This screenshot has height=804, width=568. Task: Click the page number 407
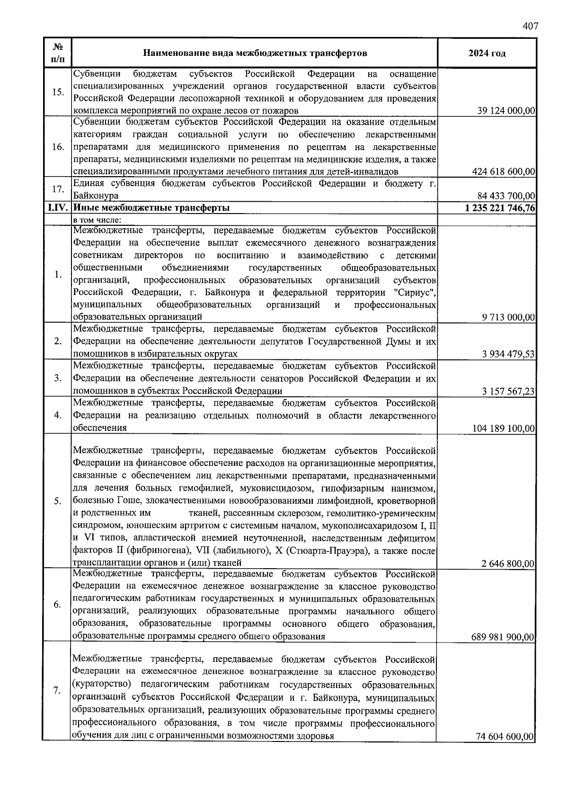point(530,27)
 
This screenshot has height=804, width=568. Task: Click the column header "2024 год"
point(487,53)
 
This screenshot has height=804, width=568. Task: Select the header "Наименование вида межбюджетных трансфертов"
point(255,53)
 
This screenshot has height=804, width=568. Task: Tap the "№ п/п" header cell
point(58,53)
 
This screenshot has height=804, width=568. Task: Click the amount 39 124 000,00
point(506,111)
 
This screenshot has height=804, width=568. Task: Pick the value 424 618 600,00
point(504,171)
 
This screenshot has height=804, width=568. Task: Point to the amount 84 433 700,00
point(506,196)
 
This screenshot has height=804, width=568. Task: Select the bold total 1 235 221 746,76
point(500,208)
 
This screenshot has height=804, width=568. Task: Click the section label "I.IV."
point(58,208)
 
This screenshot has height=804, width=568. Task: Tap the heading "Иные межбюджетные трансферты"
point(151,208)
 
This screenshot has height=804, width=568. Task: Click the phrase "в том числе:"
point(97,220)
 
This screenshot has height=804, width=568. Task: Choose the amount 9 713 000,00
point(508,317)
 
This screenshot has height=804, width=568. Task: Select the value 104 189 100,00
point(504,429)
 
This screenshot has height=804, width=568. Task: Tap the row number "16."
point(58,147)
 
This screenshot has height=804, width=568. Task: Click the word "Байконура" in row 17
point(96,196)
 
